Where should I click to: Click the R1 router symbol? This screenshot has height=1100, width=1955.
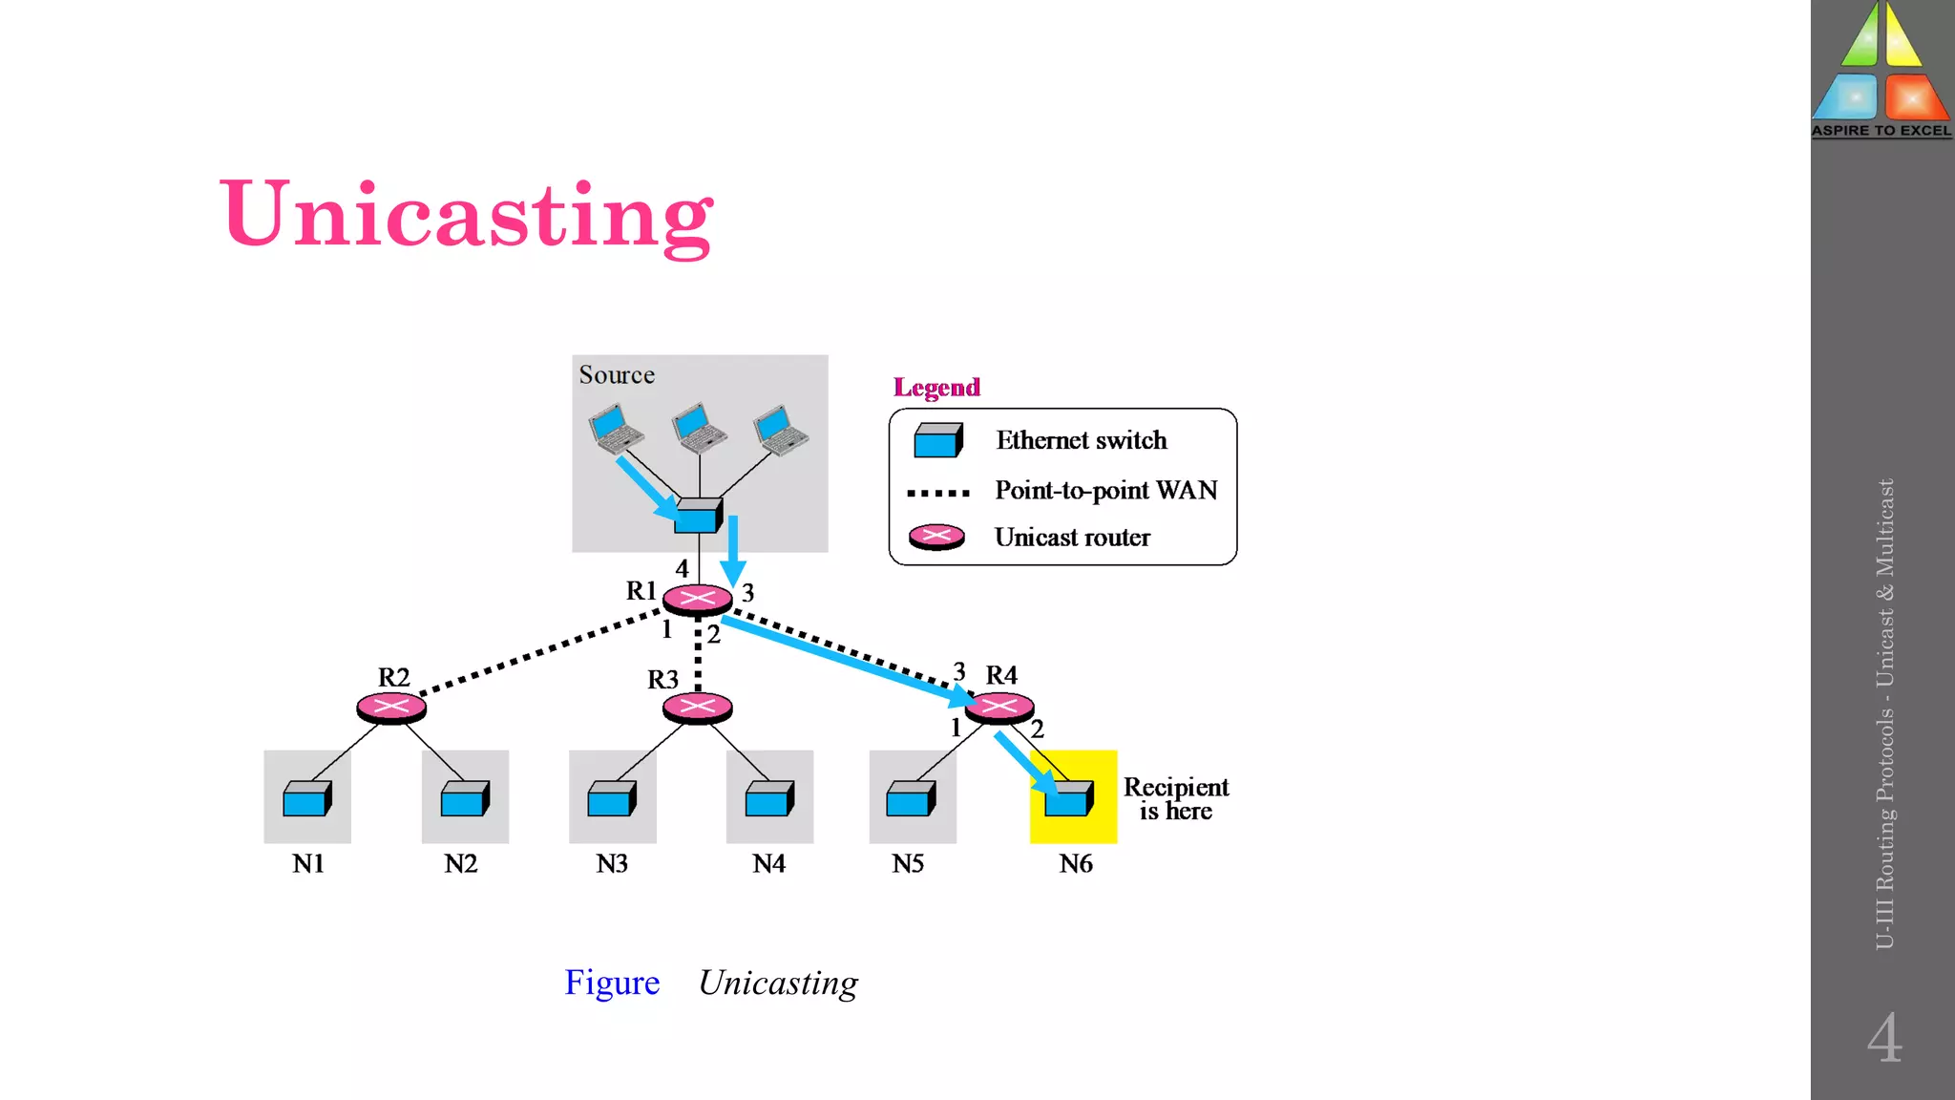[x=697, y=599]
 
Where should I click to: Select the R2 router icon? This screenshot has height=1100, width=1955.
[x=391, y=708]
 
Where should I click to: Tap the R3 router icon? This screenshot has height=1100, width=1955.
[x=697, y=708]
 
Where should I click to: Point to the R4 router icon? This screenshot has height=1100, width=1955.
[x=999, y=708]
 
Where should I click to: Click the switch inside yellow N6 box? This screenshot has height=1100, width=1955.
[x=1068, y=798]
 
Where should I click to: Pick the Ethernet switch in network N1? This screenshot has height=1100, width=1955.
[x=307, y=798]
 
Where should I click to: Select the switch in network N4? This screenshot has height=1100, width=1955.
[x=769, y=798]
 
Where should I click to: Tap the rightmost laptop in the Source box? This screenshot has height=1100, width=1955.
[x=781, y=431]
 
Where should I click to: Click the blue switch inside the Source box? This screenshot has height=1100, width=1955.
[x=698, y=516]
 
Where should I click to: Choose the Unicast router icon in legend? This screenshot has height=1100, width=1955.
[x=936, y=537]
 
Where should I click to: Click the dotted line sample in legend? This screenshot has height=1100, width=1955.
[x=937, y=493]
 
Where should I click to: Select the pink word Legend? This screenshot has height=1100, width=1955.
[x=936, y=387]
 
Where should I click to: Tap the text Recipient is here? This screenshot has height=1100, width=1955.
[x=1175, y=798]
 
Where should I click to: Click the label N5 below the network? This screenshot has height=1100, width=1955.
[x=908, y=863]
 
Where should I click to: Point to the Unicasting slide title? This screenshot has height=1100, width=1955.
[x=467, y=215]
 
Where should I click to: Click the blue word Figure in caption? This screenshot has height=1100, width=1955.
[x=612, y=983]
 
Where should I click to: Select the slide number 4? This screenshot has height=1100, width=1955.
[x=1884, y=1038]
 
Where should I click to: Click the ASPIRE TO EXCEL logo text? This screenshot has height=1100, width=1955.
[x=1881, y=131]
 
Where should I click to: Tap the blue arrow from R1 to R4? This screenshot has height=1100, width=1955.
[x=840, y=659]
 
